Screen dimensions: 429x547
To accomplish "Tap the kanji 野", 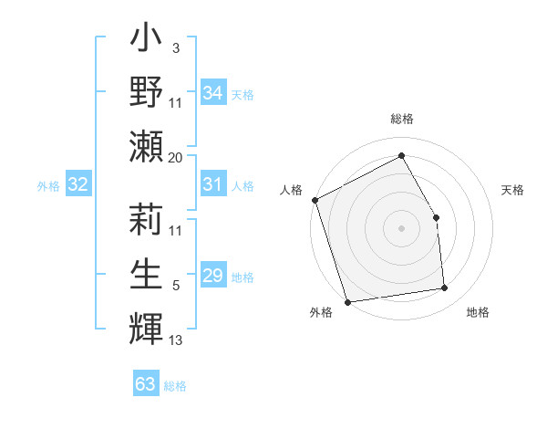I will point(147,94).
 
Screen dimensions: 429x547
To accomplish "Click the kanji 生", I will point(147,272).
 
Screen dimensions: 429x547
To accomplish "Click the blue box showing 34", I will point(212,93).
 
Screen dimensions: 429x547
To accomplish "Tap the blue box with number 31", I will point(212,185).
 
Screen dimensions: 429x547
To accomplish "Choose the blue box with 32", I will point(77,185).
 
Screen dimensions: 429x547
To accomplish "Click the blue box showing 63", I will point(146,384).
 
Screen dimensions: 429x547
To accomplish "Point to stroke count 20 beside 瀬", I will point(176,157).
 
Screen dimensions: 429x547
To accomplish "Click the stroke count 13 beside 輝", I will point(176,340).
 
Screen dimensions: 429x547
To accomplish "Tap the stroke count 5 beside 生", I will point(176,286).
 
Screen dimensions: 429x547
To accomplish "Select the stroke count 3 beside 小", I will point(176,47).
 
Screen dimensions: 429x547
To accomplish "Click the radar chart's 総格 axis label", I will point(402,119).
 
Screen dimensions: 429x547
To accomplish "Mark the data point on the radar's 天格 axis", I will point(436,217).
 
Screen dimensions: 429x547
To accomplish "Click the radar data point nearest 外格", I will point(347,301).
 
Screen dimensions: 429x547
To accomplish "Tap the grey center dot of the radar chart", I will point(402,228).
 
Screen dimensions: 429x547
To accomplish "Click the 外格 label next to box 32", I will point(48,186).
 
